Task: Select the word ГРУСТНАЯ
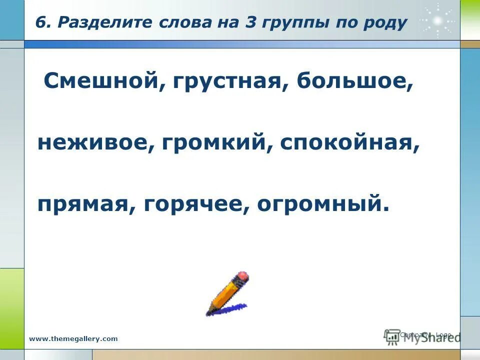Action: [226, 80]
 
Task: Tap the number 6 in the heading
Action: [40, 23]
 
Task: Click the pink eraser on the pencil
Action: [242, 276]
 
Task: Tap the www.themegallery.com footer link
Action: [73, 338]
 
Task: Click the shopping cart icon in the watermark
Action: [391, 336]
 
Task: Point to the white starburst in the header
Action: [437, 20]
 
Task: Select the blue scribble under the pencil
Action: [227, 308]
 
